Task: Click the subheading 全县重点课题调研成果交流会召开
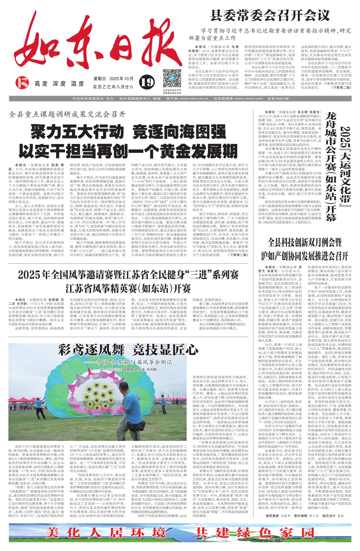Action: point(67,114)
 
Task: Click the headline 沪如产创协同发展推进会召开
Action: point(304,256)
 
